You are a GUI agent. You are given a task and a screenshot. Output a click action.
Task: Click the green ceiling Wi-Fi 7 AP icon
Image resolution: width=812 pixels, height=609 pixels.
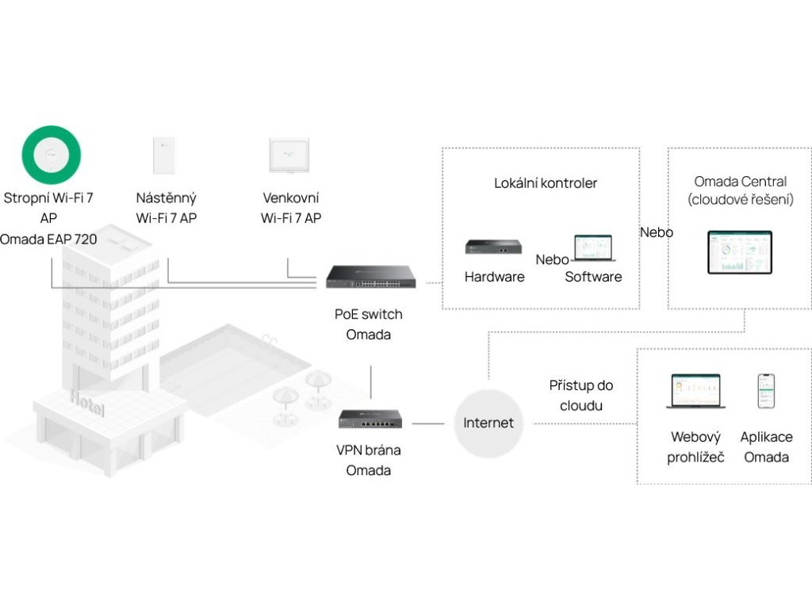click(52, 155)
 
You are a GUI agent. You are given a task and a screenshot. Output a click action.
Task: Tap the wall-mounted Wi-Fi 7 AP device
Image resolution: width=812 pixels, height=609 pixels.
click(166, 155)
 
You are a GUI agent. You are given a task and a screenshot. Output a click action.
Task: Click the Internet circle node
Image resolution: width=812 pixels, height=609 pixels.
click(488, 423)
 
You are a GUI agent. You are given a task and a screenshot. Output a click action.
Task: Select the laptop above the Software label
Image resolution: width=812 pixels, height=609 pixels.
click(593, 249)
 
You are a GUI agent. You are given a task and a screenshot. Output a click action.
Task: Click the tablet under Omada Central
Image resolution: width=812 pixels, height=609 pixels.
click(739, 252)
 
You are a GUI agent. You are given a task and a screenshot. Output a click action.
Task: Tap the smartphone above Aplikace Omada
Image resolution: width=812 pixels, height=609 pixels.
click(765, 391)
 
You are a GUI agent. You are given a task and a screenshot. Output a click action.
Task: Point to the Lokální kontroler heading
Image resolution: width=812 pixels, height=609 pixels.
click(546, 183)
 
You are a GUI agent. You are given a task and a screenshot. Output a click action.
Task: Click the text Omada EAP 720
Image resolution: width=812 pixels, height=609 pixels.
click(48, 238)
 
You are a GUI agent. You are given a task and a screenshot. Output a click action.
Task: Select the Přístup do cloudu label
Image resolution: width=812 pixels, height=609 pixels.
click(581, 395)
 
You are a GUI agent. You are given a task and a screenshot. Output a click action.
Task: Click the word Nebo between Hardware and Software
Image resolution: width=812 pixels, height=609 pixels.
click(552, 259)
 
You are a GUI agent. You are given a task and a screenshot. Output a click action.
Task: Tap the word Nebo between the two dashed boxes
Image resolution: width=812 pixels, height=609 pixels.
click(656, 232)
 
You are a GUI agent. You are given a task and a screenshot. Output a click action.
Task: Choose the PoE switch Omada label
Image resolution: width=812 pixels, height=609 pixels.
click(369, 324)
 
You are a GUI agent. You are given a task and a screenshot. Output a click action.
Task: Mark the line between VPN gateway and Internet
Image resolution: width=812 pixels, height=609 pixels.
click(428, 423)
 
